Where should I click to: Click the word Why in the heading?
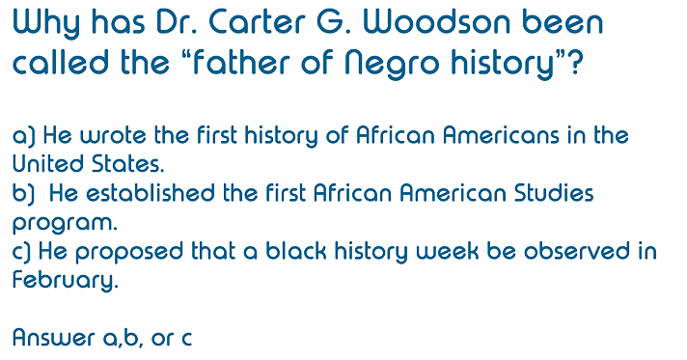[49, 23]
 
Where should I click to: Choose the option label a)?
[22, 136]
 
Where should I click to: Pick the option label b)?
[22, 194]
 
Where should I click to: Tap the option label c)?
[21, 252]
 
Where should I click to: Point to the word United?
[44, 165]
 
